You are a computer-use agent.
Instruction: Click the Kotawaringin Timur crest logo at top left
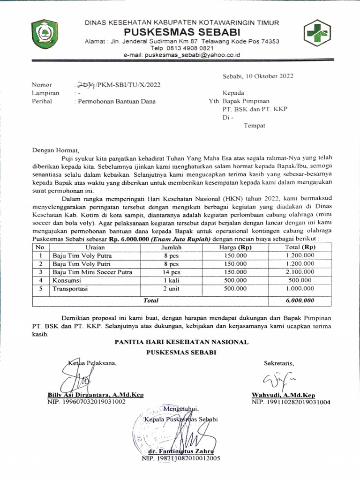tap(45, 34)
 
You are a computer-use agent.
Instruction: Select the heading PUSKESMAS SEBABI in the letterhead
tap(182, 32)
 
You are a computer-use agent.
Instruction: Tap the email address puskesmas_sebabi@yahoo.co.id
tap(182, 55)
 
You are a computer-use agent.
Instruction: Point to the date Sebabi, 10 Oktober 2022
tap(258, 76)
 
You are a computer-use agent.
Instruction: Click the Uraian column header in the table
tap(95, 247)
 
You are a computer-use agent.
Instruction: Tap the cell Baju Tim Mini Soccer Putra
tap(92, 272)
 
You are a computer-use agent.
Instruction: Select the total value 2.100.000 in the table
tap(300, 272)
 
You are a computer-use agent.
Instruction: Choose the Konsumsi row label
tap(67, 280)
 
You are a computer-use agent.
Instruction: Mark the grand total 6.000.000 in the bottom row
tap(300, 300)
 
